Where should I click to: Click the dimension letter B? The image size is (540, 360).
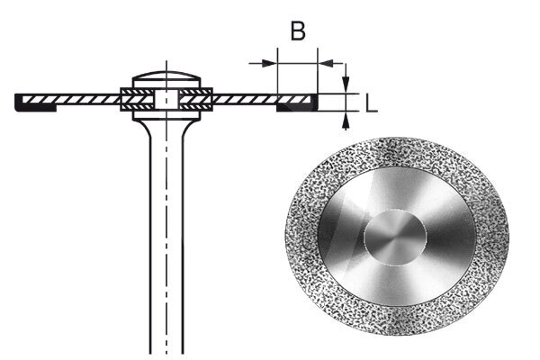point(297,31)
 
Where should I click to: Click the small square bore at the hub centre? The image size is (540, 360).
point(166,98)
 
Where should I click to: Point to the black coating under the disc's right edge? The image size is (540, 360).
point(296,106)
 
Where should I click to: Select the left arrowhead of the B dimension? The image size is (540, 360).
point(270,62)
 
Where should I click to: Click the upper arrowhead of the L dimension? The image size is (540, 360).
point(346,86)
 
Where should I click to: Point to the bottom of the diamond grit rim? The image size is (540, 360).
point(396,332)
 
